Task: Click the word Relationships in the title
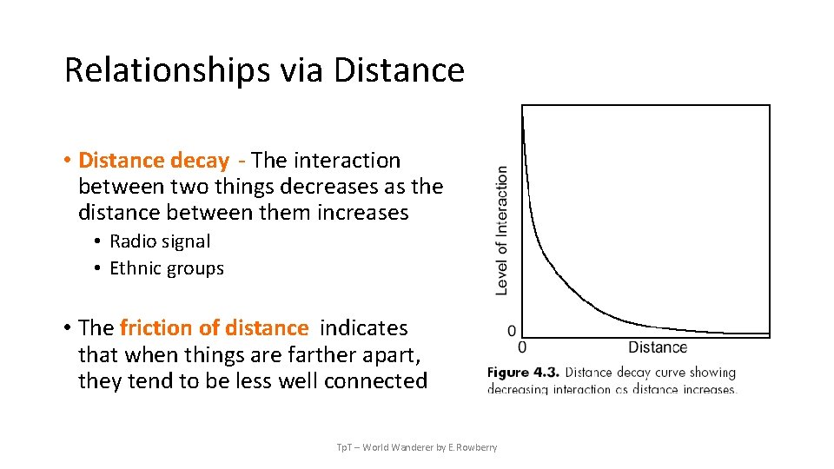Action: click(x=167, y=70)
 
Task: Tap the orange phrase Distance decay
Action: click(x=154, y=161)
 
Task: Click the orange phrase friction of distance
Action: click(x=214, y=328)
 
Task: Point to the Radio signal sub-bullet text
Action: click(x=160, y=241)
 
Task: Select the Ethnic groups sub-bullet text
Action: click(x=167, y=268)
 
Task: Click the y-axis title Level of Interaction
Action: click(x=501, y=230)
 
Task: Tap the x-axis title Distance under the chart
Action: click(x=657, y=347)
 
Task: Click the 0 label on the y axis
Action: click(x=511, y=331)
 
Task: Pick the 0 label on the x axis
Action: click(x=522, y=347)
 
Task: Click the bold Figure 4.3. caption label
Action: click(x=522, y=373)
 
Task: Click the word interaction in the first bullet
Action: click(x=347, y=161)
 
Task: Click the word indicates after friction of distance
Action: click(x=363, y=328)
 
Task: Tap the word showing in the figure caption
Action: click(x=712, y=373)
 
